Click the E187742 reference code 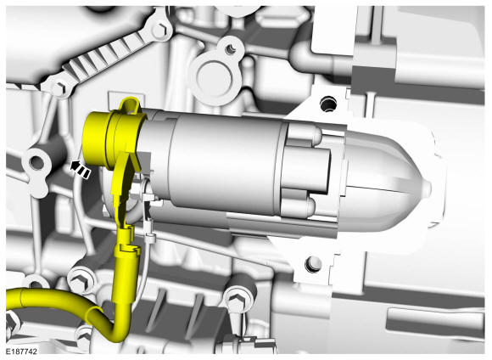(x=21, y=352)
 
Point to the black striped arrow (x=81, y=169)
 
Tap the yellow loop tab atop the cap (x=131, y=105)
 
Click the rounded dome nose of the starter (x=392, y=180)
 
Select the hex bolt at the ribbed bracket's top (x=161, y=29)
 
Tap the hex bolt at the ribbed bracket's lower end (x=59, y=87)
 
